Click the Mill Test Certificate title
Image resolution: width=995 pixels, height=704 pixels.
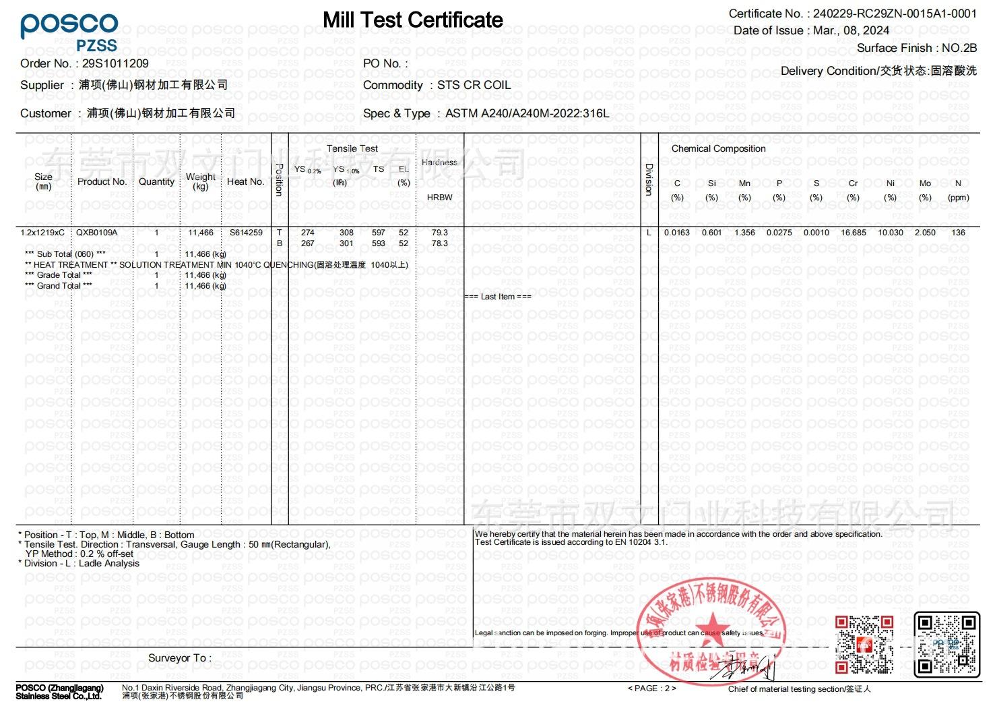click(412, 20)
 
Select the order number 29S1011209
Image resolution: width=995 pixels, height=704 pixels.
click(115, 63)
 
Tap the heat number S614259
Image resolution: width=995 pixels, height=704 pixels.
click(246, 233)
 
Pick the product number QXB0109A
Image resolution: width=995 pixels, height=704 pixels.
click(96, 233)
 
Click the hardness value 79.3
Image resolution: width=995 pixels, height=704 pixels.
click(439, 233)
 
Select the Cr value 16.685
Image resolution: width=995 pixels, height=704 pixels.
click(854, 233)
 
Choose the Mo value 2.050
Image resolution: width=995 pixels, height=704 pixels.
click(925, 233)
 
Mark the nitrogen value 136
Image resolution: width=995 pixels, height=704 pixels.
click(958, 233)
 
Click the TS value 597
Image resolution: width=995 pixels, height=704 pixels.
click(379, 233)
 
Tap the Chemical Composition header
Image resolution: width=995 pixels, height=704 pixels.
click(718, 148)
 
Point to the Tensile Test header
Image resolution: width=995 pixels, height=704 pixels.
click(352, 148)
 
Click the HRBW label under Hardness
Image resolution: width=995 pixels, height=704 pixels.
click(439, 197)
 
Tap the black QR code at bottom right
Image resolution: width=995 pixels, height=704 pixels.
click(946, 643)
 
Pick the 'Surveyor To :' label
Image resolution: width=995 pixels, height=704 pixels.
click(179, 658)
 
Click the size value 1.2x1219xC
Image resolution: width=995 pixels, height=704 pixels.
click(42, 233)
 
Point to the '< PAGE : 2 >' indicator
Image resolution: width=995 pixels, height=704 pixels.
click(651, 688)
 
